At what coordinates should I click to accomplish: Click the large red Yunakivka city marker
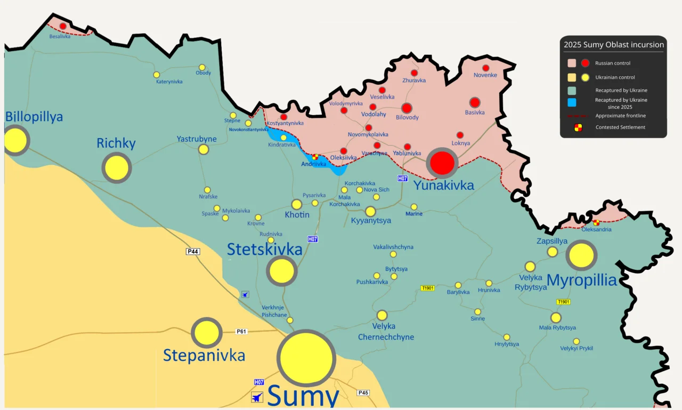442,163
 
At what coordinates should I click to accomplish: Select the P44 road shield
193,251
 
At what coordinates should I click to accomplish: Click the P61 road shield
242,331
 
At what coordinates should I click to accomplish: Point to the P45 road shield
363,393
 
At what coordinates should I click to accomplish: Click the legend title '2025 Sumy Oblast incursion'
613,44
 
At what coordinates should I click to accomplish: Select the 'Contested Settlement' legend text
620,127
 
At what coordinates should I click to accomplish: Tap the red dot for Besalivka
63,26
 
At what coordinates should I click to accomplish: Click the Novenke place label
485,75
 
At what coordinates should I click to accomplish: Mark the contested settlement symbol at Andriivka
315,157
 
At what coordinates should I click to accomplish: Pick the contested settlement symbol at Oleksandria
596,222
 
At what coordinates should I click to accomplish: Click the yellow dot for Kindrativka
283,138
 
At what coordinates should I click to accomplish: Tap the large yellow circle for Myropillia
581,255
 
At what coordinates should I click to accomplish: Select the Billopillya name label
34,117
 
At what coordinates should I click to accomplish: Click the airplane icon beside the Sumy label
257,397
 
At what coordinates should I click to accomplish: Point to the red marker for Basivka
475,102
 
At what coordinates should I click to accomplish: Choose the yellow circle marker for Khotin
297,204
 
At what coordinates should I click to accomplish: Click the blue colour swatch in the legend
572,102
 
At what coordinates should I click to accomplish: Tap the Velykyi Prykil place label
577,348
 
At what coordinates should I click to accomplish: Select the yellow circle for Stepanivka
207,333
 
